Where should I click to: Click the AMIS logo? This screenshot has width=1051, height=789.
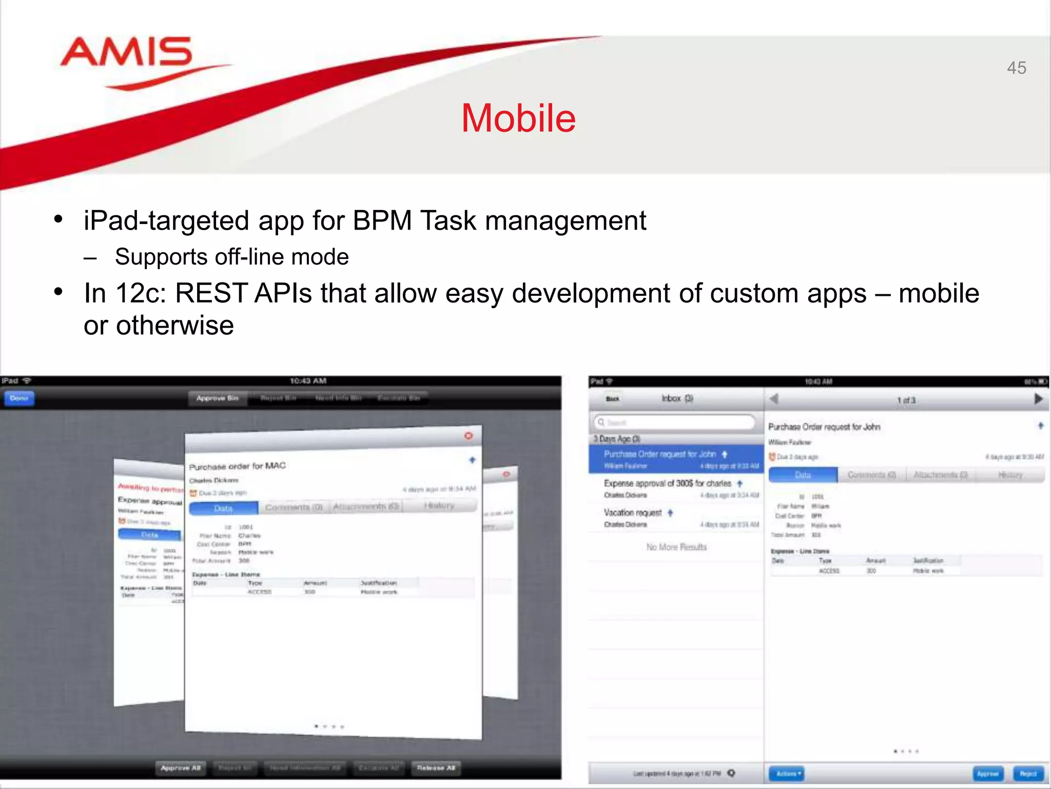coord(126,53)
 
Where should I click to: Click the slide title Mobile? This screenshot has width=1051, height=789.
coord(518,118)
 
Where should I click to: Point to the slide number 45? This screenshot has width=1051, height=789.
coord(1016,68)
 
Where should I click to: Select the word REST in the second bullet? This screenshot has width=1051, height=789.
coord(211,293)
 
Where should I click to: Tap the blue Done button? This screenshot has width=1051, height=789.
coord(19,398)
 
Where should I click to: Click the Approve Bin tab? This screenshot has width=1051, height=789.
coord(217,398)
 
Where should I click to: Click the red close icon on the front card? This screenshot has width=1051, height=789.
coord(468,436)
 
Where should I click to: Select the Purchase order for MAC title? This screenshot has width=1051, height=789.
coord(237,466)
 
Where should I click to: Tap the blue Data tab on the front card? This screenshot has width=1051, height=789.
coord(223,508)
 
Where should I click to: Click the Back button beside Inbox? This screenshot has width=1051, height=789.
coord(613,399)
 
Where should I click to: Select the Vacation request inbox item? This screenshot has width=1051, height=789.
coord(632,513)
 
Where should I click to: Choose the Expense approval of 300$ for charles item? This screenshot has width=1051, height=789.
coord(667,483)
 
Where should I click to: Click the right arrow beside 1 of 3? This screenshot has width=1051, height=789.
coord(1038,399)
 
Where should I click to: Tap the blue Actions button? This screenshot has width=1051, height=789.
coord(786,773)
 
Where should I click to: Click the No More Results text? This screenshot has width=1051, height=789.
coord(676,547)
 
